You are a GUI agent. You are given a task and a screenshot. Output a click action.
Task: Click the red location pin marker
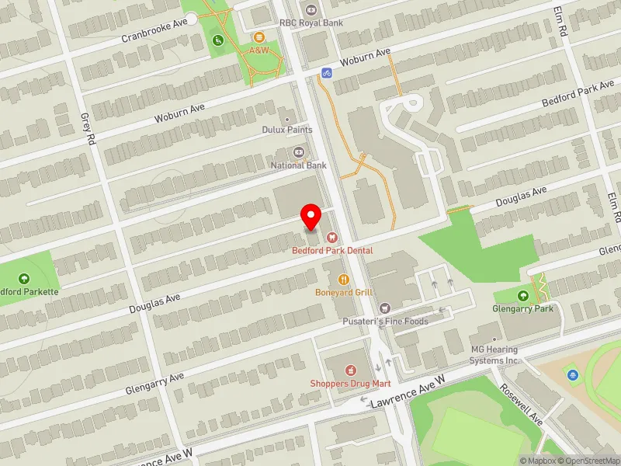coord(311,216)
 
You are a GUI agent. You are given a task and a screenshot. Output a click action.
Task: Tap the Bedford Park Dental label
coord(332,251)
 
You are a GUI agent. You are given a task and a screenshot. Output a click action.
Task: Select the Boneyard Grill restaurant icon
coord(342,280)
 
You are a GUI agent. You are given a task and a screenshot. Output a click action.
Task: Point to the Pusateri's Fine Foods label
coord(385,322)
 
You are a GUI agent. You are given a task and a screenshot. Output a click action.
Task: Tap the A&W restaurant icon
coord(258,37)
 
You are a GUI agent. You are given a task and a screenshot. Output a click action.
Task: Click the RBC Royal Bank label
coord(310,23)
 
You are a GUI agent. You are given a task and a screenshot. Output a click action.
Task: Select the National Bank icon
coord(298,152)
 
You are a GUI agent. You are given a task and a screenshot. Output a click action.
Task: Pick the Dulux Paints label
coord(287,130)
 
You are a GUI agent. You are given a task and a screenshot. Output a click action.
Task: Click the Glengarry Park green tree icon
coord(522,295)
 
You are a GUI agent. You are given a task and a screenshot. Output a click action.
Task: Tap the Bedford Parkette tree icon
coord(24,278)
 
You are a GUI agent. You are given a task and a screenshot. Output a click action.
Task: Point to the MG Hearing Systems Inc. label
coord(494,355)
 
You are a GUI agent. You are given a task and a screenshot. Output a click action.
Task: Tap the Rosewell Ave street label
coord(522,405)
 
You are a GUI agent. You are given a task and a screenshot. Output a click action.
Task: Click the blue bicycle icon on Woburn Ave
coord(327,73)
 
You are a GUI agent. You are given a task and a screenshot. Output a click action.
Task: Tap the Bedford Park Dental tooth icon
coord(331,237)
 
